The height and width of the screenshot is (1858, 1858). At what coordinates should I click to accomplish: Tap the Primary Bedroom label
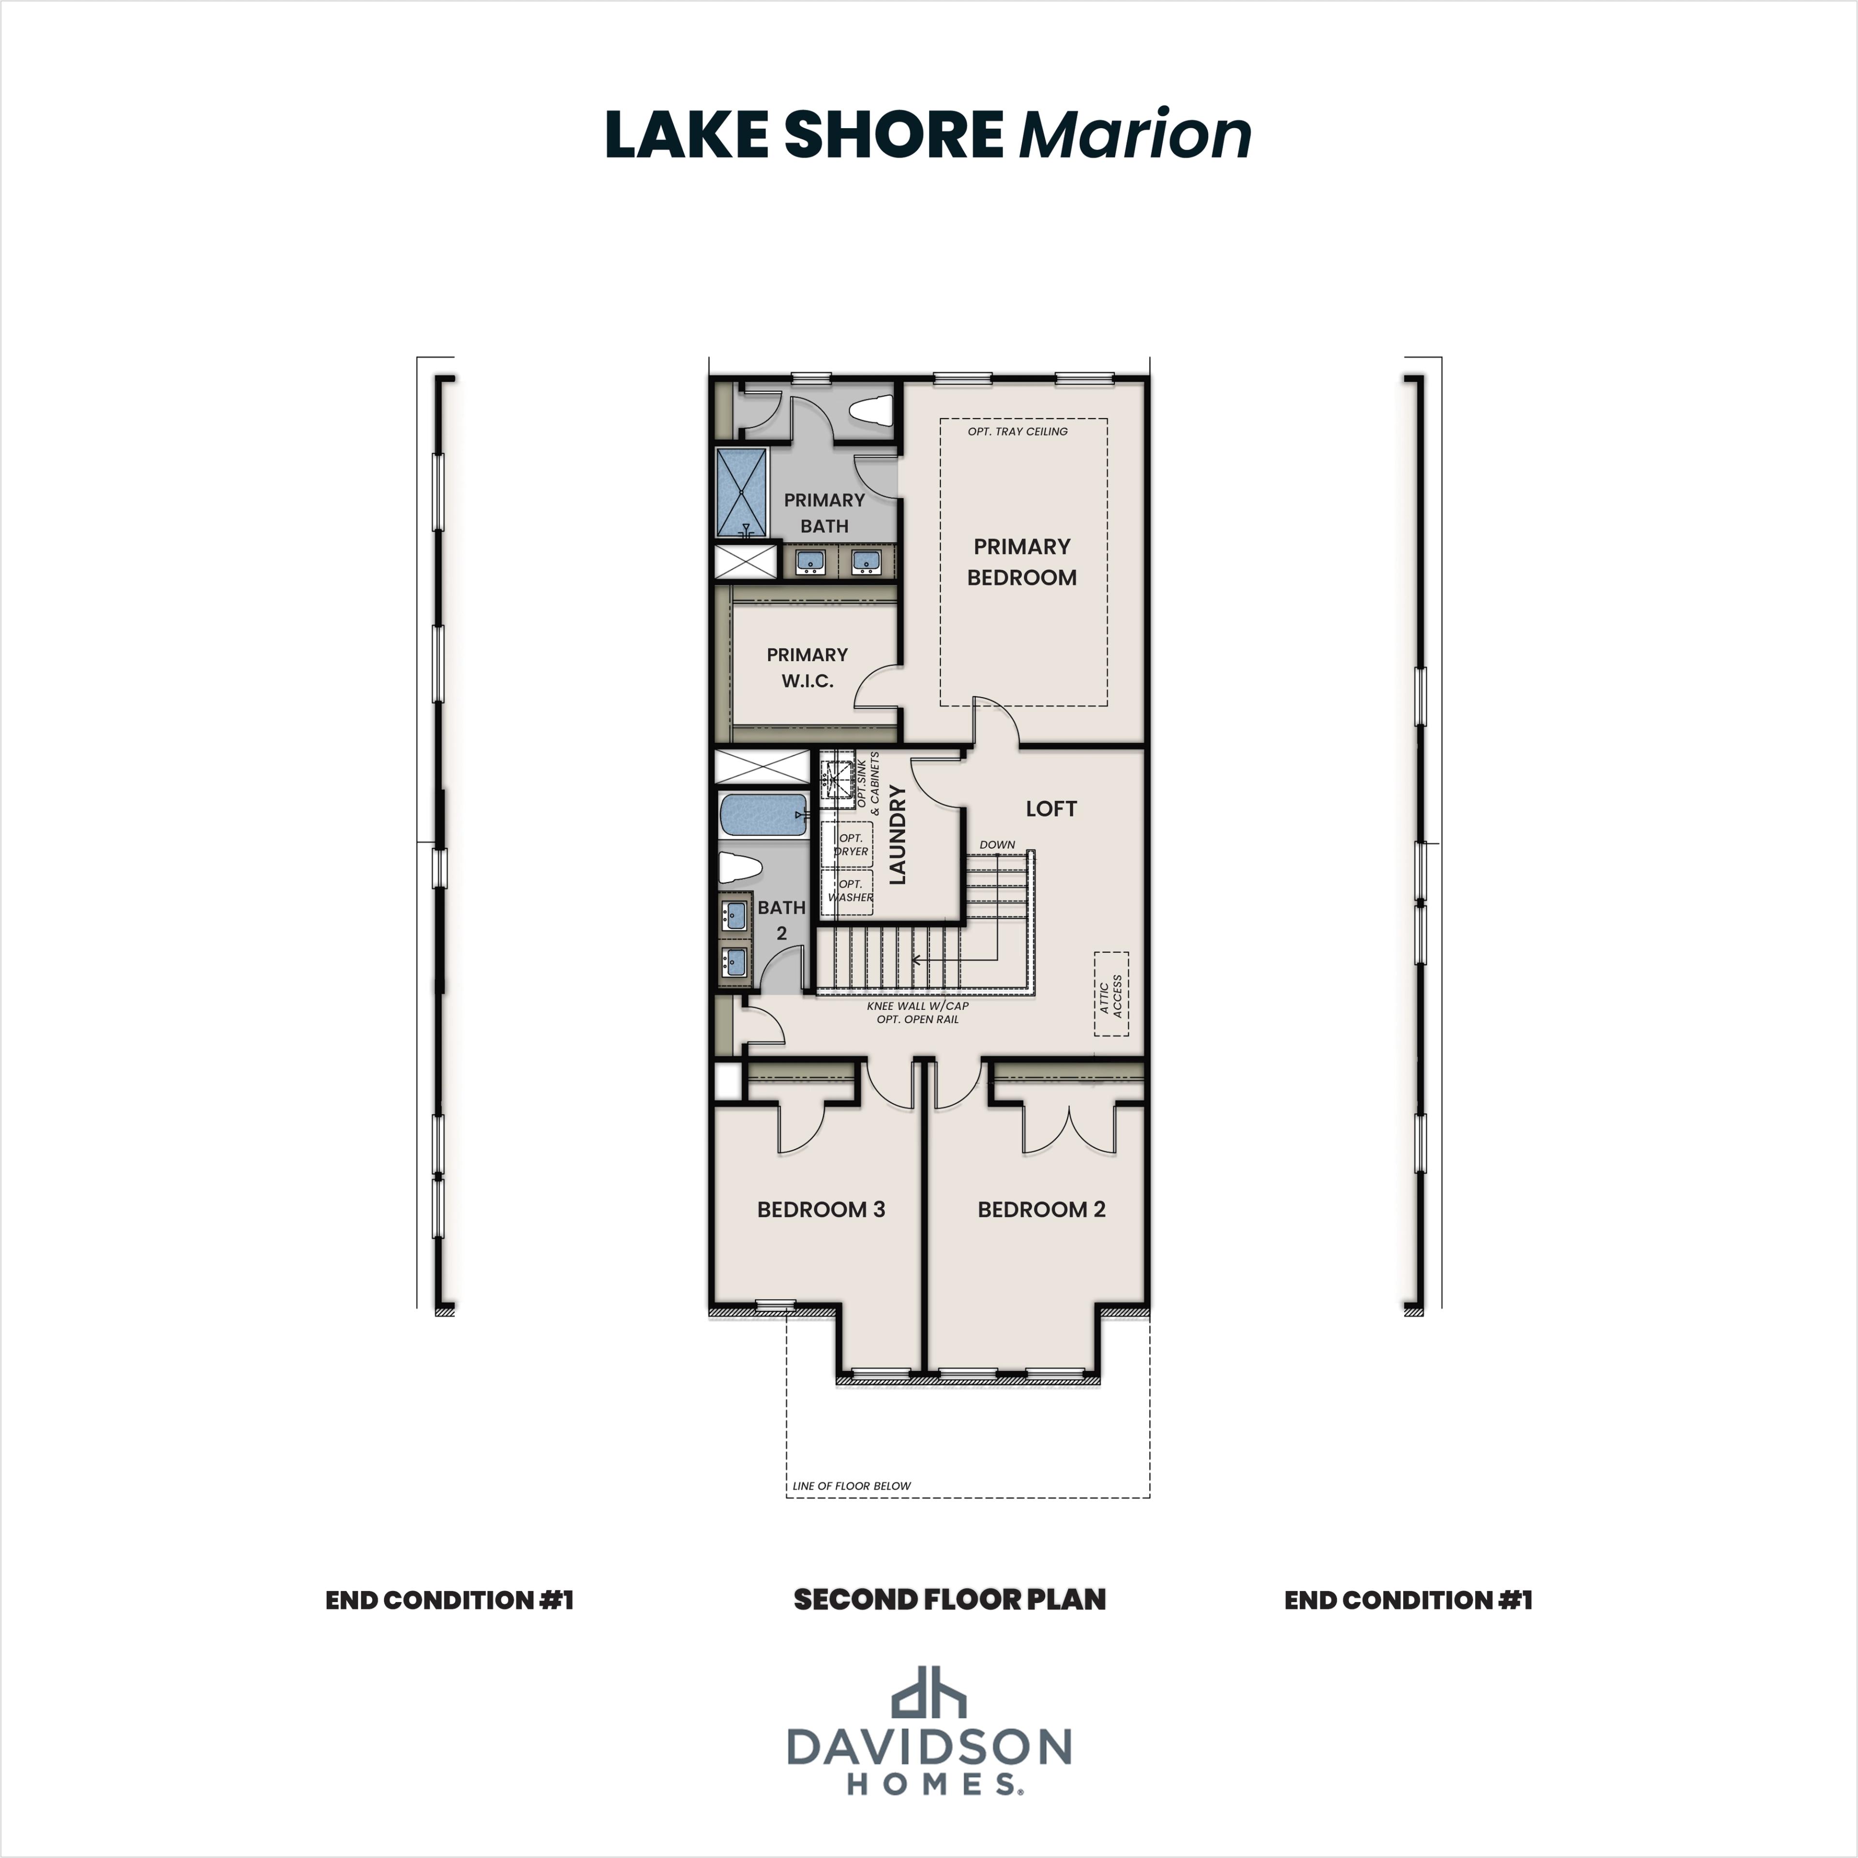click(x=1021, y=562)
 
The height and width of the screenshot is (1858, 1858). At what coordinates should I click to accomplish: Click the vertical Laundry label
click(x=897, y=835)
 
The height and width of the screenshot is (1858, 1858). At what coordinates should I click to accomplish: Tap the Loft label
click(x=1050, y=809)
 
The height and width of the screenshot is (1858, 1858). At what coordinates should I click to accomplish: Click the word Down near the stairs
click(x=997, y=844)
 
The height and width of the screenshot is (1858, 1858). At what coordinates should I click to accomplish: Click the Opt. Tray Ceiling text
click(x=1018, y=432)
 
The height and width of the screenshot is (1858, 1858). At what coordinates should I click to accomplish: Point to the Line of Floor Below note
click(x=851, y=1486)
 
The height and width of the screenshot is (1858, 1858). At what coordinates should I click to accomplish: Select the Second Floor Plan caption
click(x=949, y=1600)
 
